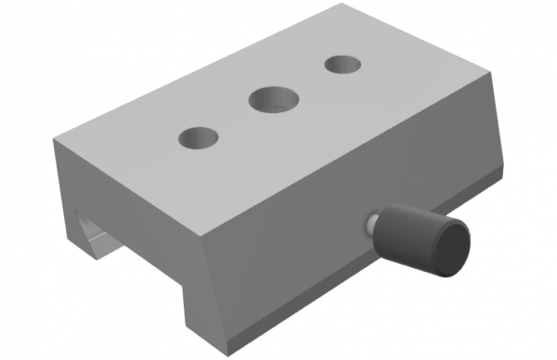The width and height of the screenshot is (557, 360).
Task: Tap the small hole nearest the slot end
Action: click(x=199, y=138)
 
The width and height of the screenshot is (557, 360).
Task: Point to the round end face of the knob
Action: click(x=451, y=248)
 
